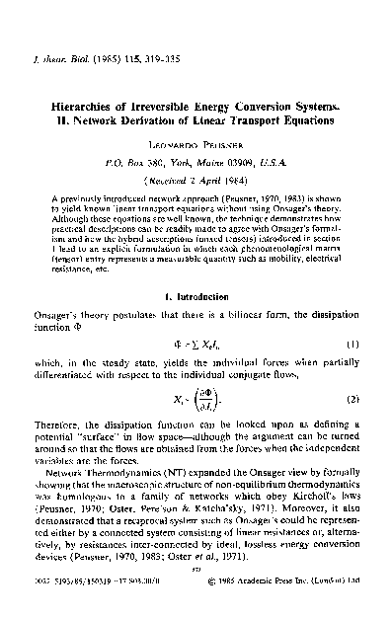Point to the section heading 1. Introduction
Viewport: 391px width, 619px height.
click(195, 295)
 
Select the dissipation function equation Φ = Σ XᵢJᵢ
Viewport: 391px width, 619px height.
click(195, 344)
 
